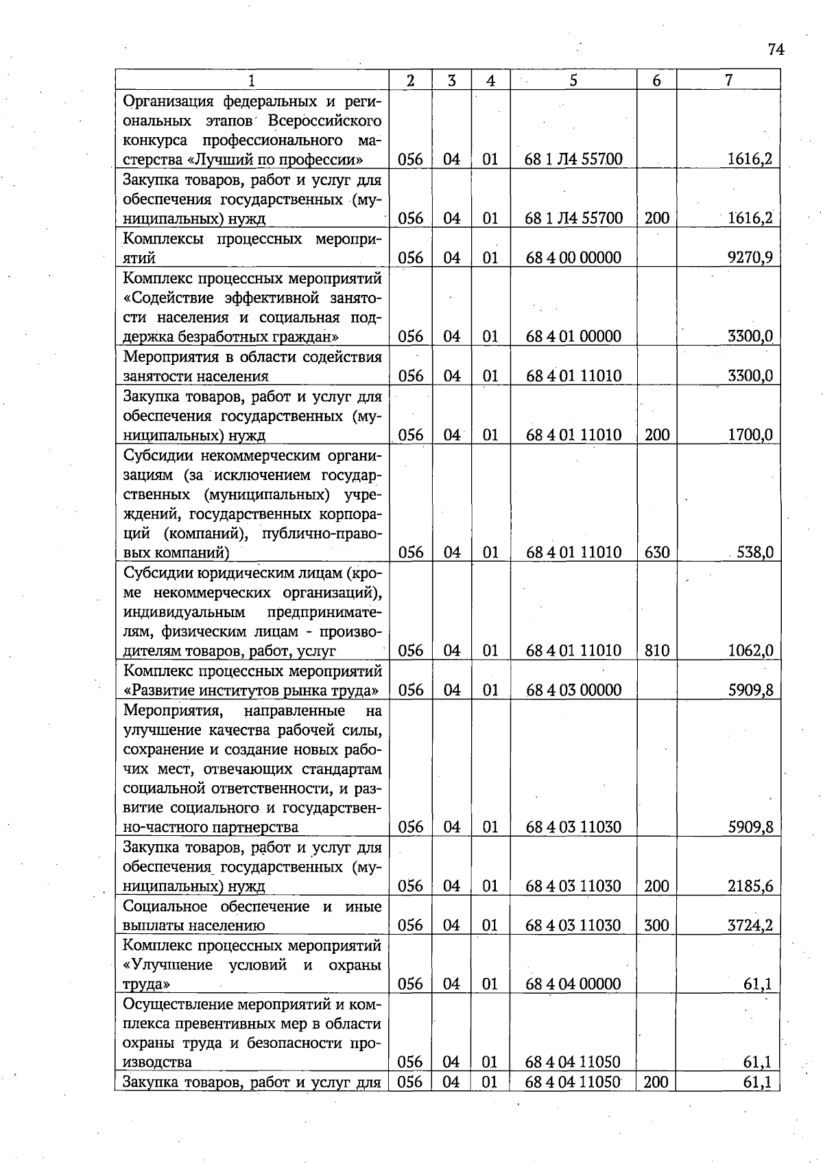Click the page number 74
(x=775, y=49)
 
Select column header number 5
(x=573, y=80)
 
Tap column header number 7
(x=728, y=80)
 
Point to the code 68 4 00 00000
(x=573, y=258)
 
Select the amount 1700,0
(x=750, y=435)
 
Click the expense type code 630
(x=656, y=552)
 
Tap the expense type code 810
(x=656, y=650)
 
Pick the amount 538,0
(x=754, y=552)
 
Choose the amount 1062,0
(x=750, y=650)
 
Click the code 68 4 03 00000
(x=573, y=690)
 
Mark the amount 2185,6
(x=750, y=886)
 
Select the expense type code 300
(x=656, y=925)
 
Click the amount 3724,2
(x=750, y=925)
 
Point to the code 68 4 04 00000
(x=573, y=984)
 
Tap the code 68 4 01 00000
(x=573, y=337)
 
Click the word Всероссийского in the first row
(x=324, y=121)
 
